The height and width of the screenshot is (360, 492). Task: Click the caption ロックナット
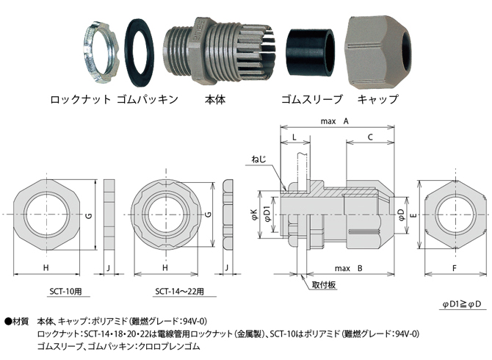pyautogui.click(x=80, y=98)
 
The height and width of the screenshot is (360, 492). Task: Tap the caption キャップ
pyautogui.click(x=377, y=98)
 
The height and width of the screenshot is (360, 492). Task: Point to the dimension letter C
pyautogui.click(x=369, y=137)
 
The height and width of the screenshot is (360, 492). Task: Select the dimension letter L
pyautogui.click(x=294, y=137)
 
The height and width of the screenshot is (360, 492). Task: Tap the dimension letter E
pyautogui.click(x=414, y=215)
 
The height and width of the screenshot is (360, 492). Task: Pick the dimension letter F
pyautogui.click(x=455, y=269)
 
